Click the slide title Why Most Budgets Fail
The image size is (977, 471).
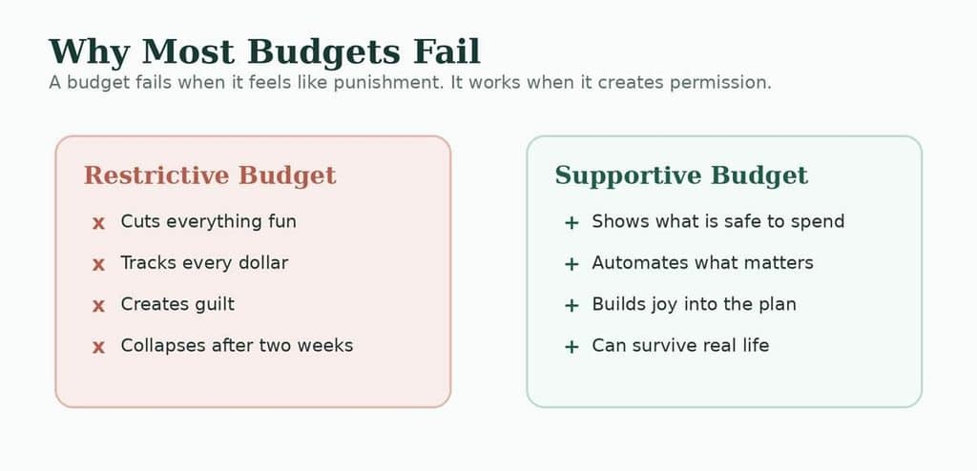265,52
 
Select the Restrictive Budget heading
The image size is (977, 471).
210,176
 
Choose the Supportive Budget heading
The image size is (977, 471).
681,176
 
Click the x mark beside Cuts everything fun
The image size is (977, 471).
98,223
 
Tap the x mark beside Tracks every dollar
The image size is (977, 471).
98,265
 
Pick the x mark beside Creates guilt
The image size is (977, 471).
98,306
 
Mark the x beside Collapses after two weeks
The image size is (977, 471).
98,347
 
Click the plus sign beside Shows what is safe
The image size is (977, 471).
572,223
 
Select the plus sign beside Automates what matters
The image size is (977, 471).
572,264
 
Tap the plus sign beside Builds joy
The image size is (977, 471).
572,305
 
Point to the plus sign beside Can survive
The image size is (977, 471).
572,346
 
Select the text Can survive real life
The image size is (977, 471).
680,345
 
